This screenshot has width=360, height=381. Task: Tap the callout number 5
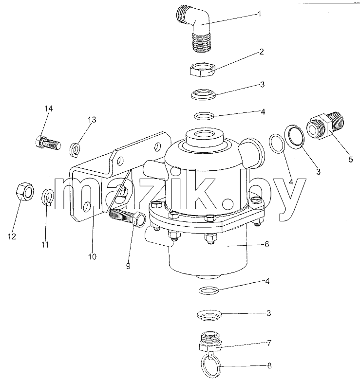(x=351, y=160)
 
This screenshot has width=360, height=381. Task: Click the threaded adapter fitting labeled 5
(x=325, y=126)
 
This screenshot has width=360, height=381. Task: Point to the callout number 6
(x=267, y=244)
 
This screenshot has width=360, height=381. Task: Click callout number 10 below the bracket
(x=92, y=256)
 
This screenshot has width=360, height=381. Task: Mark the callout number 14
(x=48, y=109)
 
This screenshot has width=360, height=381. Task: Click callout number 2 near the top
(x=262, y=52)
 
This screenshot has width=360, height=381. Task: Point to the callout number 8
(x=269, y=365)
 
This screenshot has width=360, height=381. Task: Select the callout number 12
(x=12, y=236)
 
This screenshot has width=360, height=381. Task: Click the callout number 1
(x=259, y=14)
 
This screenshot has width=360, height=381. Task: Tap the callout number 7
(x=269, y=343)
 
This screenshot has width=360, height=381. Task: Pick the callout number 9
(x=128, y=266)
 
